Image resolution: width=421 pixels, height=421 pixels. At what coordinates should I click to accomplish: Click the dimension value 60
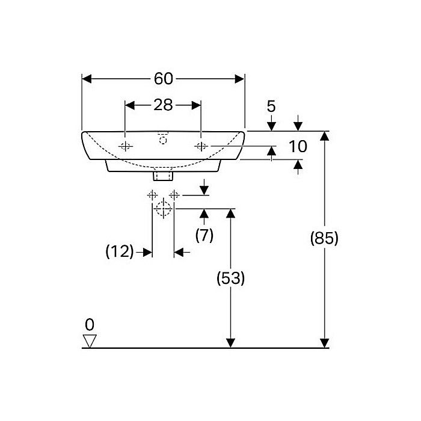[163, 79]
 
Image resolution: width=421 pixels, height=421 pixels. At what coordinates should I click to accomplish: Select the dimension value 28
[162, 105]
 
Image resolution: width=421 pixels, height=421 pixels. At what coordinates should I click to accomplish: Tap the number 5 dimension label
[271, 106]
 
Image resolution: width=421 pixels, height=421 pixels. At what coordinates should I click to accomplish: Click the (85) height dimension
[324, 238]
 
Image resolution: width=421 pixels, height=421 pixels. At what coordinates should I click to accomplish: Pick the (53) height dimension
[230, 278]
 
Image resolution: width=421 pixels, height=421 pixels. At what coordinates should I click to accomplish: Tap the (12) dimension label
[119, 252]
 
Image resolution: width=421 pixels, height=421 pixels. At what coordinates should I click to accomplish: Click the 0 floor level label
[90, 325]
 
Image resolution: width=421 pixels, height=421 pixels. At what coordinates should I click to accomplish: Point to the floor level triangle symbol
[90, 341]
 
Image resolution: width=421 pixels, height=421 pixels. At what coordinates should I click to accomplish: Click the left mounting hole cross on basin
[125, 147]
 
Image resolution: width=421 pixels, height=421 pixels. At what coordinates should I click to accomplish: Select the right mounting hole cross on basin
[201, 147]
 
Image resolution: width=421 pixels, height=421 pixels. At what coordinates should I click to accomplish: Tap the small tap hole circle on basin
[162, 140]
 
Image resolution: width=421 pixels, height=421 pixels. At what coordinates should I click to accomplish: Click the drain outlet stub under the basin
[162, 176]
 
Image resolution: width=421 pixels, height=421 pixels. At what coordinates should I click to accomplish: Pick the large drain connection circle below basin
[162, 209]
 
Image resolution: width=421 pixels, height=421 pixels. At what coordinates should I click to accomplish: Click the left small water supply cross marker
[152, 195]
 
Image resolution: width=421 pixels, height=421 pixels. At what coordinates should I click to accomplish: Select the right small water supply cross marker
[174, 195]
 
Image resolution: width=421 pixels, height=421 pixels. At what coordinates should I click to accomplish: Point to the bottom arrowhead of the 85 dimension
[325, 343]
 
